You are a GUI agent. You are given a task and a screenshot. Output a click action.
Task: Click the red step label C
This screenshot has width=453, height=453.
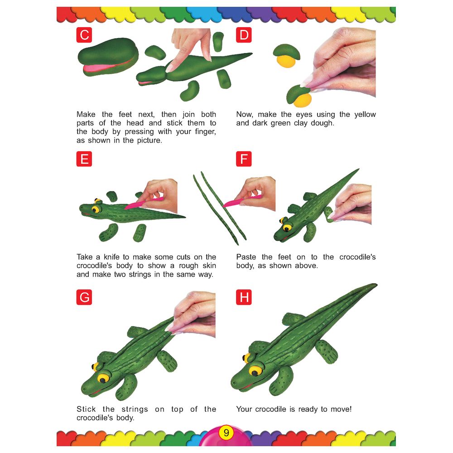tap(84, 35)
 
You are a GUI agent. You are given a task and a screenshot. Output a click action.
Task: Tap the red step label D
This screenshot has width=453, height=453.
tap(244, 35)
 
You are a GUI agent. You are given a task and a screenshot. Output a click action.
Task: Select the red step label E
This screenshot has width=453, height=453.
tap(84, 159)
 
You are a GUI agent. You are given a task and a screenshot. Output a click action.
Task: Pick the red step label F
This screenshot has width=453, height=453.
tap(244, 159)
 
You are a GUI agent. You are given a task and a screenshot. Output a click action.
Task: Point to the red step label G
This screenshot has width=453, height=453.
tap(84, 297)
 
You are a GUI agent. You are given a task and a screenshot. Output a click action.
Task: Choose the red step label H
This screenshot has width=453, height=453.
tap(244, 297)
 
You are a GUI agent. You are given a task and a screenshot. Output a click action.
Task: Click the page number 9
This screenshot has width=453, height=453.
tap(226, 433)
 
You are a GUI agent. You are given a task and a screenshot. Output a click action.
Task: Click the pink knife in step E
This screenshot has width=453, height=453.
tap(140, 202)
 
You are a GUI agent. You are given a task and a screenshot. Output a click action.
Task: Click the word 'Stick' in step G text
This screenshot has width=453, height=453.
tap(86, 409)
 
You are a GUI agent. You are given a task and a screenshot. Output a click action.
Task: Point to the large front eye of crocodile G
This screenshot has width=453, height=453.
tap(104, 377)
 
